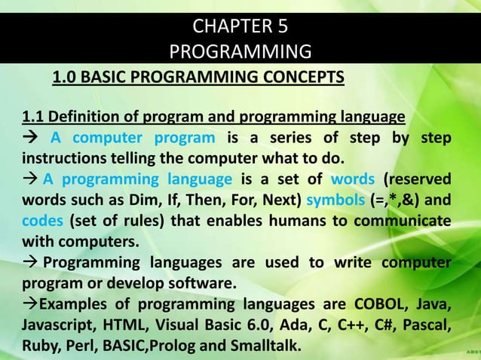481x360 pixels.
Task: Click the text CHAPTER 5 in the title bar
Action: pos(240,29)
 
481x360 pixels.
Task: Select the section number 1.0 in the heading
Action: pos(64,78)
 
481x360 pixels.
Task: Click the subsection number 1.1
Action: pos(34,118)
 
